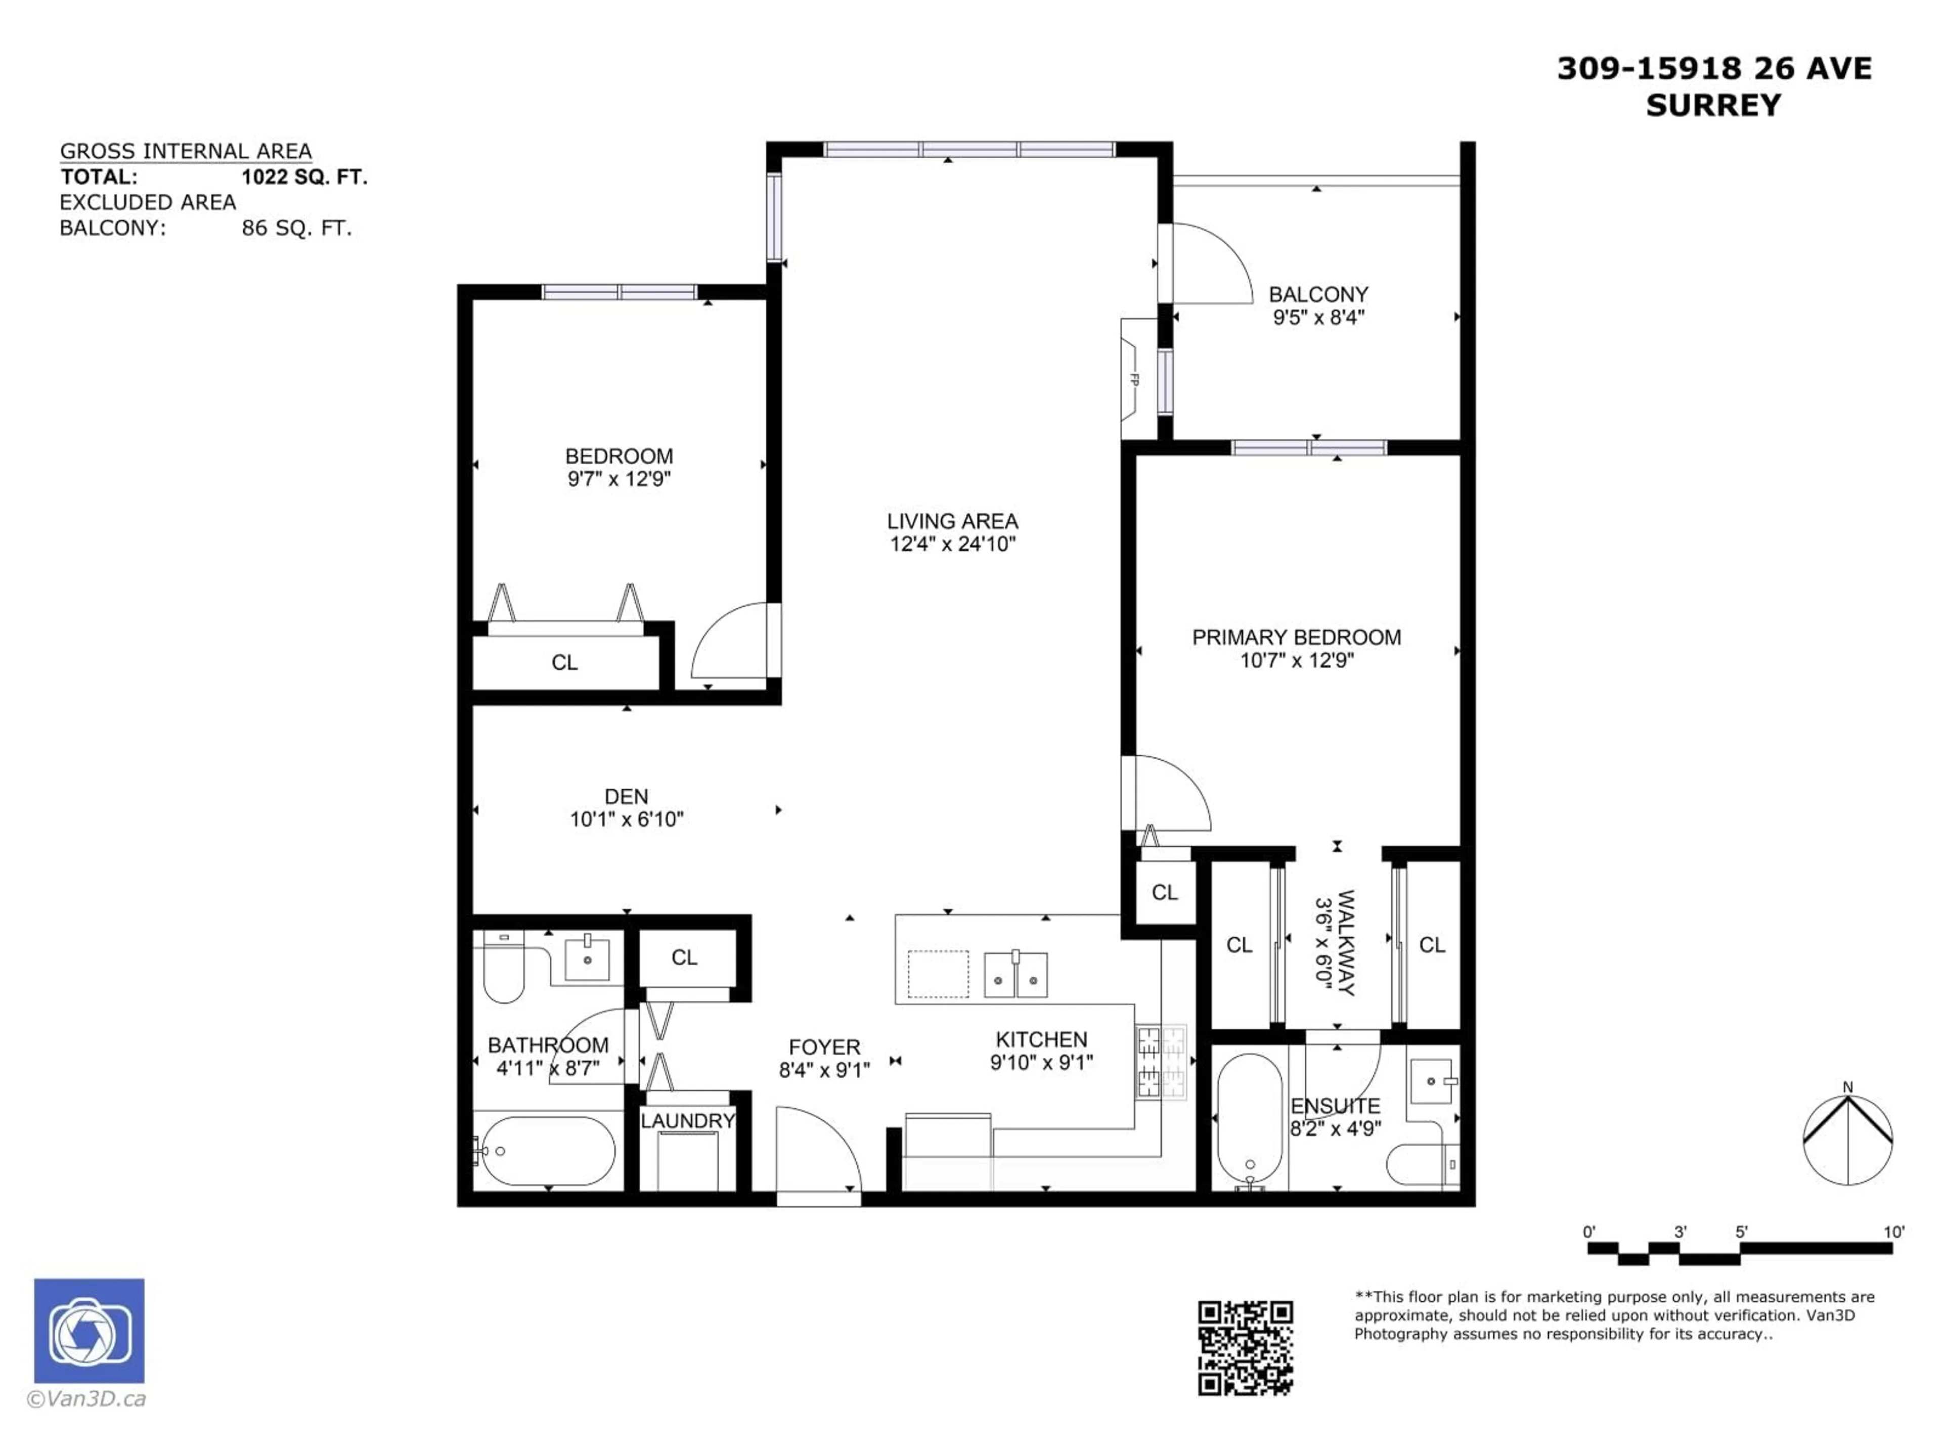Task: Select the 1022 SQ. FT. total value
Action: click(x=304, y=177)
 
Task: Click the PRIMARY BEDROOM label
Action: click(x=1296, y=637)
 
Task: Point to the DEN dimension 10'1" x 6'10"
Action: click(x=626, y=820)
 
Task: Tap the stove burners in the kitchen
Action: click(x=1161, y=1063)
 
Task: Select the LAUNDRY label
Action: click(x=687, y=1121)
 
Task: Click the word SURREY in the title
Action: click(x=1713, y=105)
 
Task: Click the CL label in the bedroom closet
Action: click(x=564, y=663)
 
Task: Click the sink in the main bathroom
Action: click(x=587, y=959)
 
